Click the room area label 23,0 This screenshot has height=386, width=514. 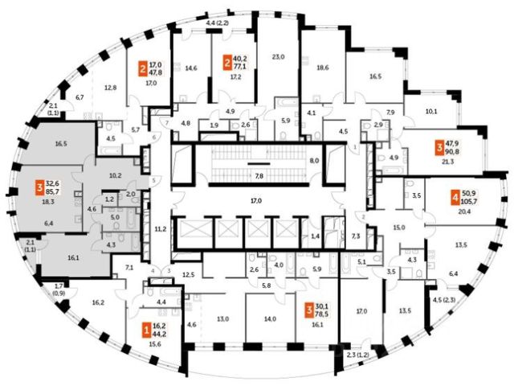[279, 56]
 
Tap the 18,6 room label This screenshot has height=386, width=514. [323, 69]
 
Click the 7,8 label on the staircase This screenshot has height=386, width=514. [259, 174]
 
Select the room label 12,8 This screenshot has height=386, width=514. [111, 87]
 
